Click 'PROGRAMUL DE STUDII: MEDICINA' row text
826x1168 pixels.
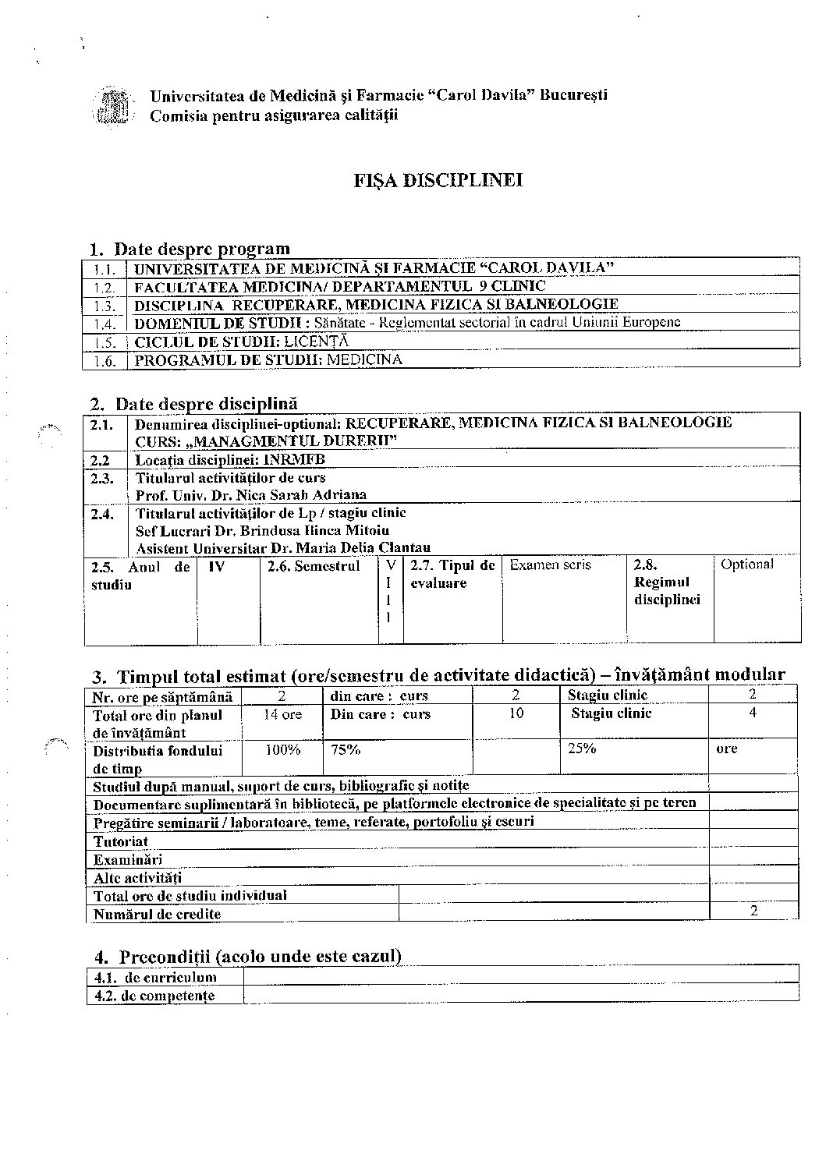click(x=268, y=359)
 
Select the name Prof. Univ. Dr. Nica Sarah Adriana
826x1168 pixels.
click(x=251, y=494)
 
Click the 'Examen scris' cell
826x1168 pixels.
click(x=550, y=565)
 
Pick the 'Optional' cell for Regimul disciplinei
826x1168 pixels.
click(x=746, y=564)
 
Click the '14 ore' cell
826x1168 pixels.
click(x=282, y=714)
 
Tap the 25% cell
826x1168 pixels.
click(x=581, y=749)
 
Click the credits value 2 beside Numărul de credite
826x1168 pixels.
click(x=753, y=911)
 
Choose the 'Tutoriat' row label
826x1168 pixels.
click(x=121, y=841)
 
